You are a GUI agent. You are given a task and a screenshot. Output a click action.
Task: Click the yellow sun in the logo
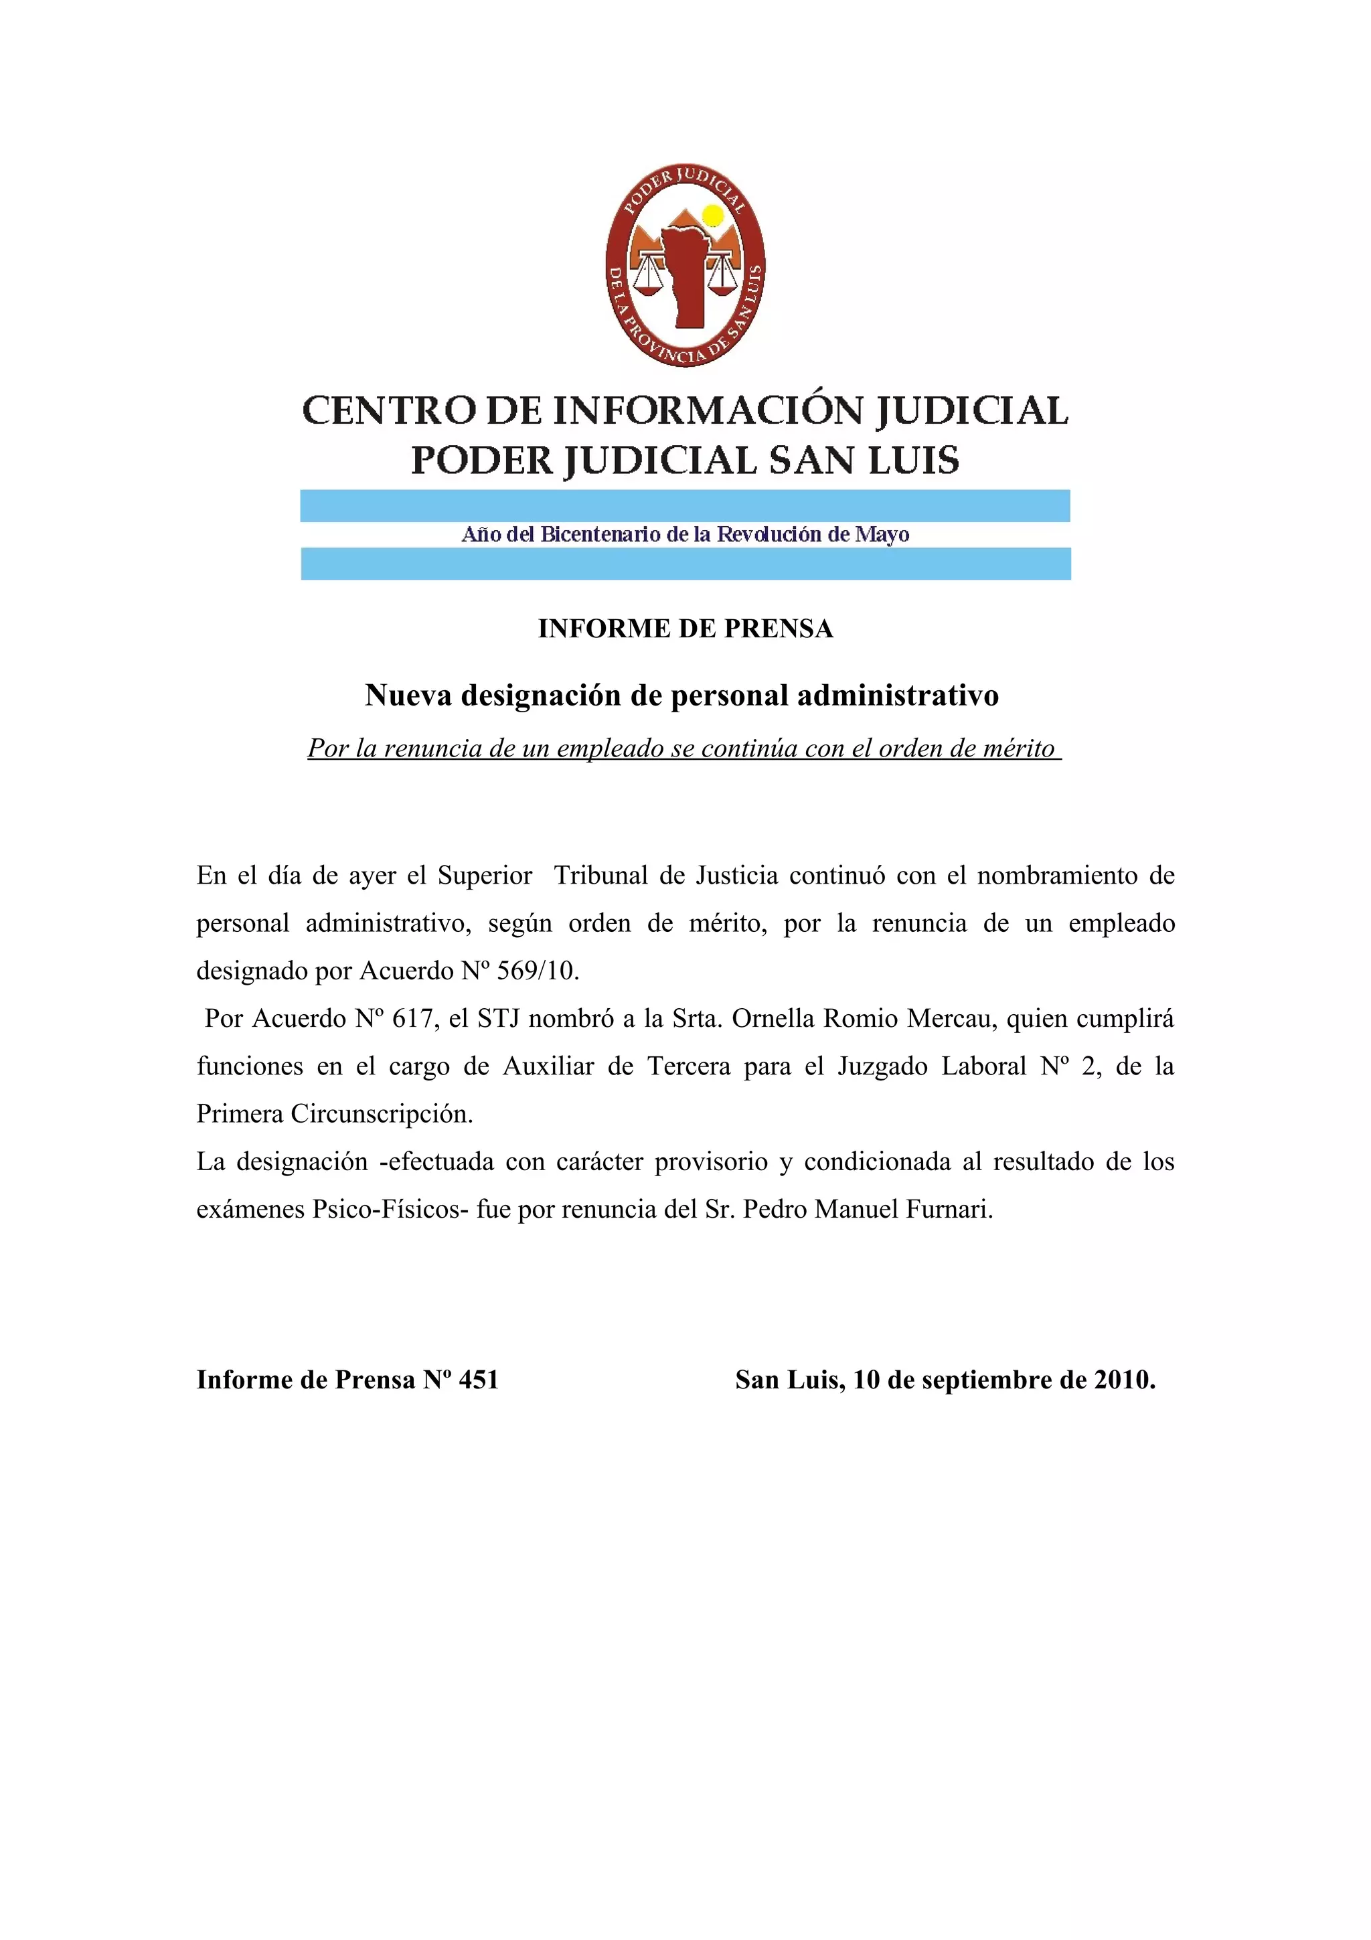click(x=713, y=216)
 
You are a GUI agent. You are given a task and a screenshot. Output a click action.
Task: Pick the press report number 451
click(x=478, y=1380)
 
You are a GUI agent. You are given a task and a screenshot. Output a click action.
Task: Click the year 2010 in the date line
click(x=1123, y=1380)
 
